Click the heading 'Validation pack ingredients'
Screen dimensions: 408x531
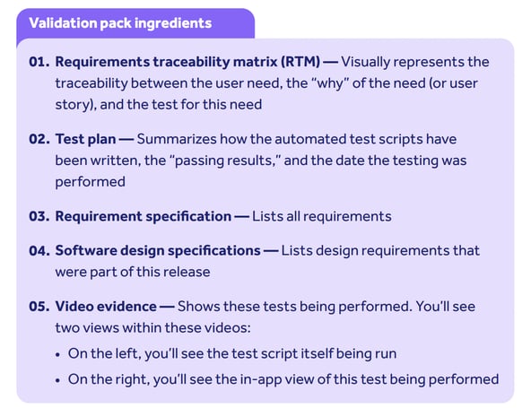click(120, 22)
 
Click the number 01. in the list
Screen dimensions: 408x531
click(39, 63)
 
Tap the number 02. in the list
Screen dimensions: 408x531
click(39, 141)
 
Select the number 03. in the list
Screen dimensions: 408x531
click(39, 216)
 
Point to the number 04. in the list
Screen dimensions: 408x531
click(39, 250)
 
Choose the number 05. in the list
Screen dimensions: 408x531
click(39, 306)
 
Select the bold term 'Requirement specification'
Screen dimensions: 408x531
click(143, 216)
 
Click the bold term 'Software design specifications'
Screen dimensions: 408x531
click(158, 250)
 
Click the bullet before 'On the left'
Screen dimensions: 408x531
click(58, 353)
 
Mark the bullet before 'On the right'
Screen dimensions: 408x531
click(58, 379)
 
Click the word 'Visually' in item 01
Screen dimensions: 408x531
click(370, 63)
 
